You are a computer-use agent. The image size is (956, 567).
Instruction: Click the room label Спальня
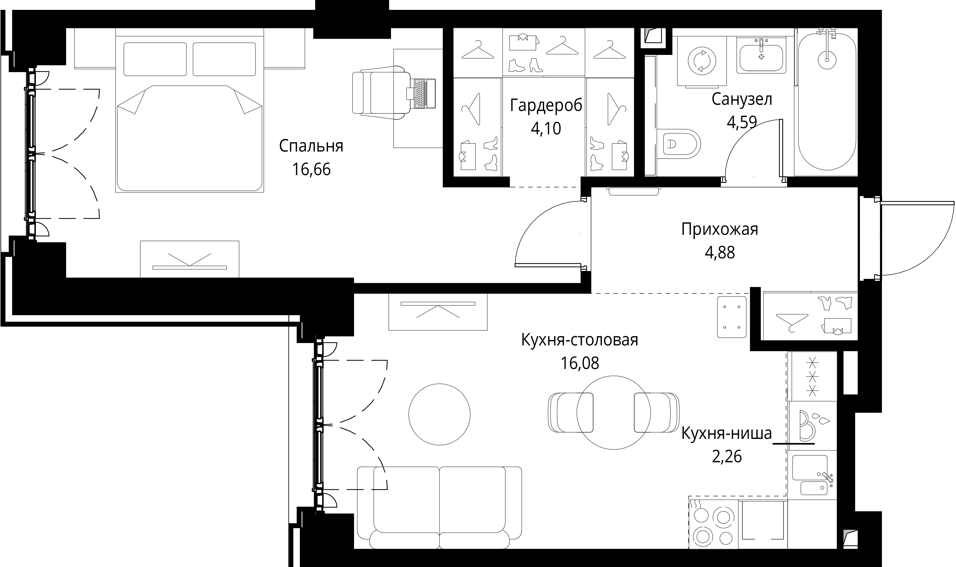click(x=311, y=146)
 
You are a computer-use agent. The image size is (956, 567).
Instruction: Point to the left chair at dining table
click(x=571, y=413)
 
